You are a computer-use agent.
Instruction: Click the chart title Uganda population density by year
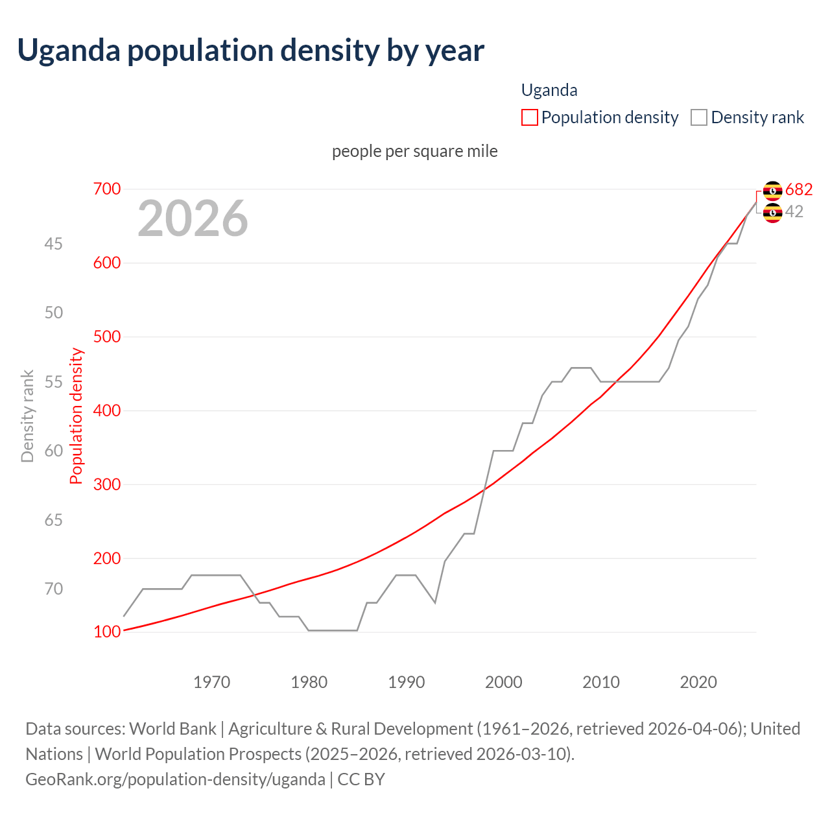click(x=250, y=51)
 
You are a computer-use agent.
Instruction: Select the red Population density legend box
click(x=529, y=117)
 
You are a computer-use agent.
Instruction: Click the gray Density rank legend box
click(x=698, y=117)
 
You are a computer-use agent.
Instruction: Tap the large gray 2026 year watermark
click(x=193, y=219)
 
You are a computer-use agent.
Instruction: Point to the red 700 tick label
click(x=107, y=189)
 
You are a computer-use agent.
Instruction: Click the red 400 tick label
click(x=107, y=410)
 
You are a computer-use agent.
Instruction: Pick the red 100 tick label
click(x=107, y=632)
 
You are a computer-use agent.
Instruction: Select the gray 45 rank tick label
click(x=54, y=244)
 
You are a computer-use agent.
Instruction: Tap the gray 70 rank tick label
click(x=54, y=589)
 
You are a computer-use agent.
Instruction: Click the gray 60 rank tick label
click(x=54, y=451)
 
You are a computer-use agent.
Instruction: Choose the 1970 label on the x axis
click(x=212, y=682)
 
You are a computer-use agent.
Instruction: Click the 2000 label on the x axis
click(x=504, y=682)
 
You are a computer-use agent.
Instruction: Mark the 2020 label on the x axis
click(x=698, y=682)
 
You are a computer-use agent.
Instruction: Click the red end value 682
click(x=798, y=189)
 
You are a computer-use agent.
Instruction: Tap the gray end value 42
click(x=794, y=211)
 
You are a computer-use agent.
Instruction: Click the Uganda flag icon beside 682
click(x=772, y=191)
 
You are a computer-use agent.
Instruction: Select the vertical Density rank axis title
click(x=27, y=416)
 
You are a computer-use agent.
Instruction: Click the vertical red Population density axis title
click(x=77, y=416)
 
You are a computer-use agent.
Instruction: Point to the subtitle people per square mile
click(x=415, y=151)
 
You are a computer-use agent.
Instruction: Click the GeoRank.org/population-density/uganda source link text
click(x=175, y=779)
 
